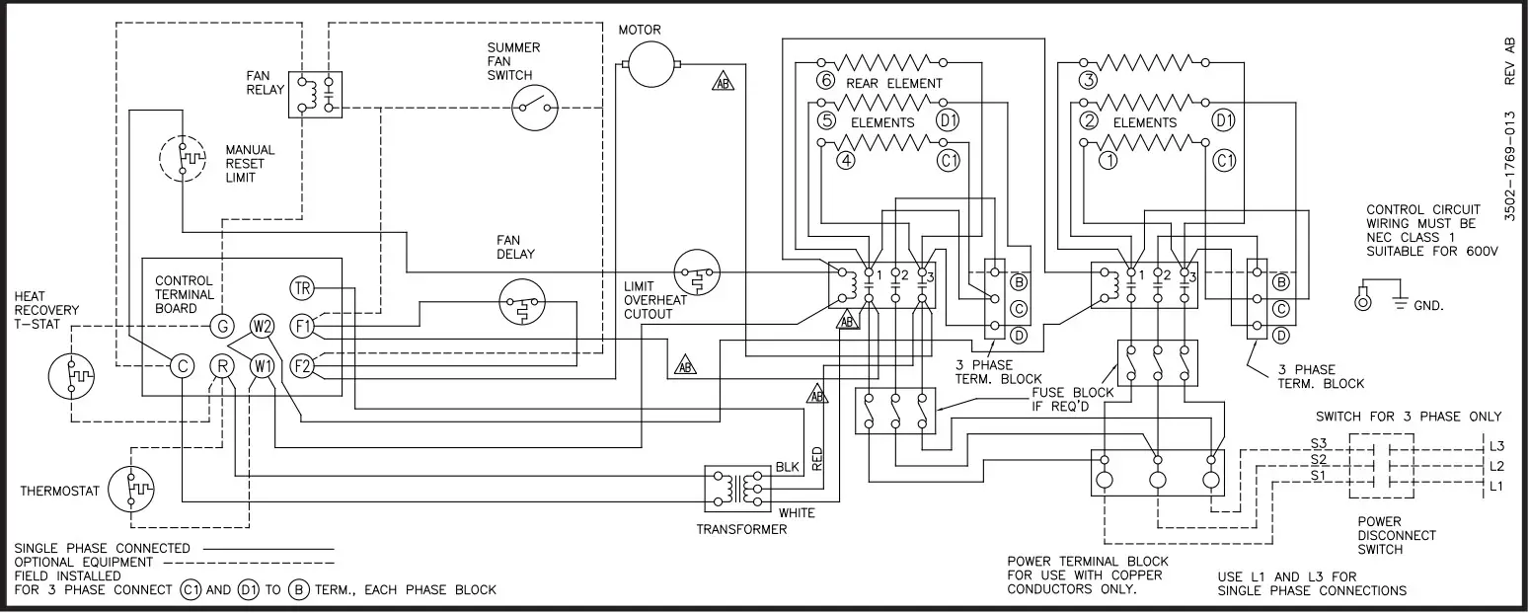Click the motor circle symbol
tap(650, 66)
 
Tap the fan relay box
tap(315, 95)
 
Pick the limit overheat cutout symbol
tap(697, 275)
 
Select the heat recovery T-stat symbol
tap(71, 377)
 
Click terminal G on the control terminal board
tap(221, 325)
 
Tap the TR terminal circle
tap(302, 288)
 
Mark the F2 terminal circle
tap(302, 366)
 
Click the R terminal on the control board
tap(221, 366)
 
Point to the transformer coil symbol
tap(731, 487)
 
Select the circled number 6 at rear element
tap(826, 83)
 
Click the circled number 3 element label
tap(1088, 81)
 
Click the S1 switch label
tap(1318, 476)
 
